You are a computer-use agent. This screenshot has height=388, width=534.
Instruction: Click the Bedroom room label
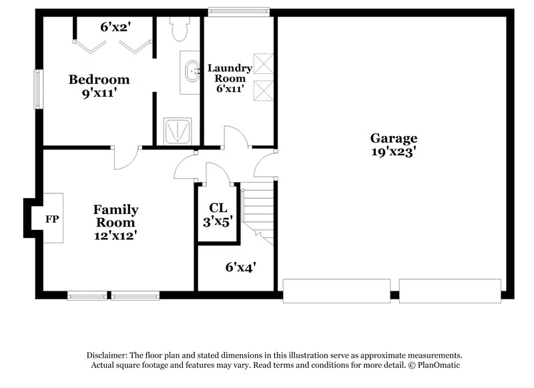pyautogui.click(x=99, y=80)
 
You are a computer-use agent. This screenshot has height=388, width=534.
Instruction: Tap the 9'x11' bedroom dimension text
pyautogui.click(x=99, y=94)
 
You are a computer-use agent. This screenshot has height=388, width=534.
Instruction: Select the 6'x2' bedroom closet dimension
pyautogui.click(x=114, y=28)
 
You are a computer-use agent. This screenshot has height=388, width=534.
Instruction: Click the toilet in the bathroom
pyautogui.click(x=180, y=29)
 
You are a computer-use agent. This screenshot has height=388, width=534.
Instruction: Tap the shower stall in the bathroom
pyautogui.click(x=178, y=131)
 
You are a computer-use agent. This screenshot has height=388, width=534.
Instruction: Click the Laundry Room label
pyautogui.click(x=230, y=73)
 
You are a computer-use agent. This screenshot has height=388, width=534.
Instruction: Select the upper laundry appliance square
pyautogui.click(x=263, y=65)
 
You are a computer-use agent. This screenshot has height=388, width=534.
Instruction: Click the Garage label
pyautogui.click(x=394, y=138)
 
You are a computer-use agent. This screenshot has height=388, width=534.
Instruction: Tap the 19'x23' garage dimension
pyautogui.click(x=394, y=151)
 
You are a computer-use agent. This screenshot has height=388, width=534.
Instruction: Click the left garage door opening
pyautogui.click(x=336, y=291)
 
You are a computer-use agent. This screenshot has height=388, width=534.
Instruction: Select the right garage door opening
pyautogui.click(x=450, y=291)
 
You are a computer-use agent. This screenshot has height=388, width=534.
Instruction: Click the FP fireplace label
pyautogui.click(x=52, y=218)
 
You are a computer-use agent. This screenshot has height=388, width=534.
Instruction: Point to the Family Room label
pyautogui.click(x=115, y=216)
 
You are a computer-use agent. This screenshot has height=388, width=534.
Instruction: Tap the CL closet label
pyautogui.click(x=218, y=207)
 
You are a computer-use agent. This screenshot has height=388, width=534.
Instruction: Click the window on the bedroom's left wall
pyautogui.click(x=38, y=89)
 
